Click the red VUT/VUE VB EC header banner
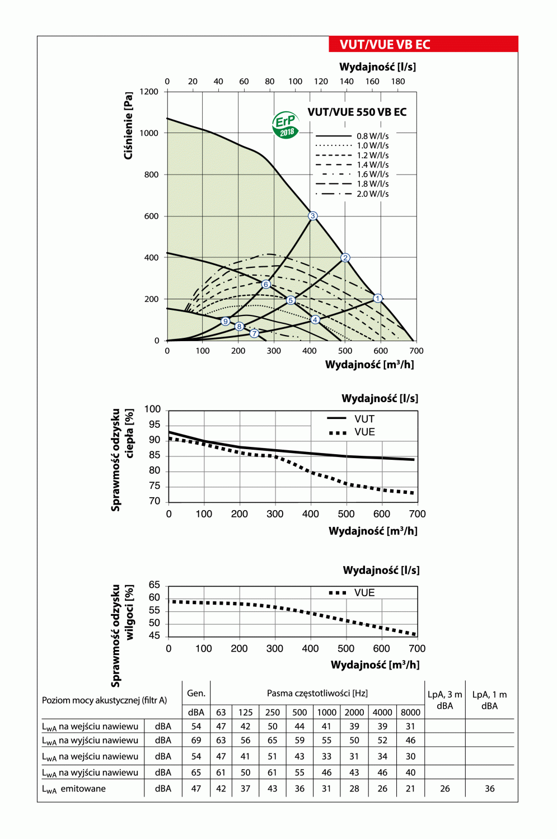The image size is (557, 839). pos(423,44)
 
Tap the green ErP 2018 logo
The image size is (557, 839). pos(285,125)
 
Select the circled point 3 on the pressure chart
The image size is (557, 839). pos(313,216)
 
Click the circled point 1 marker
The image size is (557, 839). pos(378,298)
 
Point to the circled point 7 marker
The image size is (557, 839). pos(255,333)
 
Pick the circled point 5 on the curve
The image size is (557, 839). pos(291,300)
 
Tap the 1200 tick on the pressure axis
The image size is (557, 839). pos(149,92)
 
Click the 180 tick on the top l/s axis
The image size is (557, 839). pos(398,81)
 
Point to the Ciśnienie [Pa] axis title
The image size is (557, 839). pos(128,126)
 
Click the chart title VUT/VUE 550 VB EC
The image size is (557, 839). pos(357,112)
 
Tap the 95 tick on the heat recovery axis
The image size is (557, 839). pos(155,425)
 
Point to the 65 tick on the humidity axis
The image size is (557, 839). pos(155,585)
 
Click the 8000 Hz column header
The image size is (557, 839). pos(410,712)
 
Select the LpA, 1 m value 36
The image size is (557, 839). pos(489,789)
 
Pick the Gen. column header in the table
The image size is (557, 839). pos(196,693)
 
